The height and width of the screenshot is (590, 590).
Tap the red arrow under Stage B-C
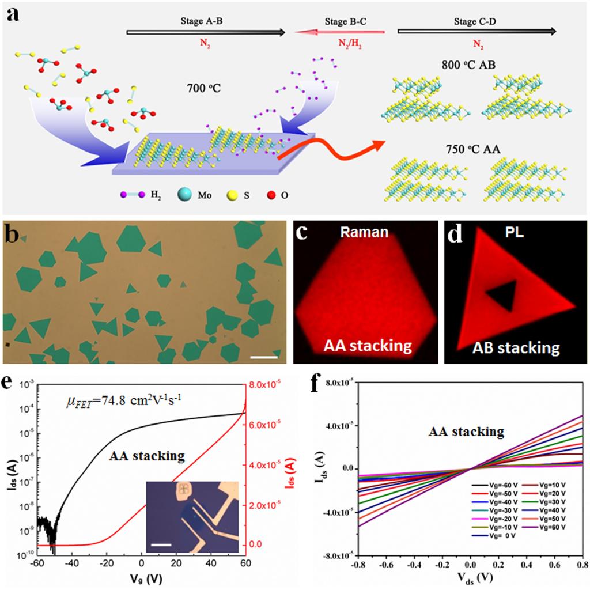point(340,33)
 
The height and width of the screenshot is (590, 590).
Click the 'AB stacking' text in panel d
point(516,347)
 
